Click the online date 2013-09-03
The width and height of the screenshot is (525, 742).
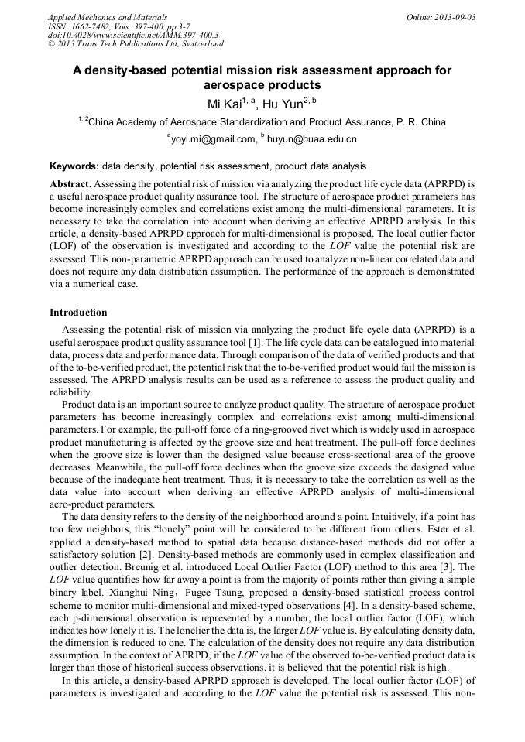click(441, 17)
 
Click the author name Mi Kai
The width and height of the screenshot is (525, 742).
click(224, 104)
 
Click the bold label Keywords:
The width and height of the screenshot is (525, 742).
click(74, 166)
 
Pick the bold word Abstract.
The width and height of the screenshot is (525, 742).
click(71, 184)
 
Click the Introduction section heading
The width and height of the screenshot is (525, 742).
click(78, 313)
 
